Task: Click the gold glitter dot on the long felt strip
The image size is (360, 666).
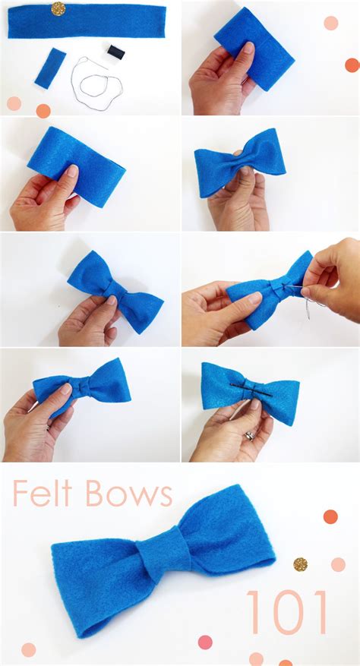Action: pyautogui.click(x=58, y=8)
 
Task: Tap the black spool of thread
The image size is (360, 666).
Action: pyautogui.click(x=115, y=52)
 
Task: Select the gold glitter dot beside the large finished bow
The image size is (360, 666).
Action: pyautogui.click(x=301, y=564)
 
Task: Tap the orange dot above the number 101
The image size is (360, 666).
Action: pyautogui.click(x=330, y=516)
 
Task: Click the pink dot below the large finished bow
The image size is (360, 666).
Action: pyautogui.click(x=205, y=642)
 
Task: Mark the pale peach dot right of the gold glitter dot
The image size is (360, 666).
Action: pyautogui.click(x=337, y=564)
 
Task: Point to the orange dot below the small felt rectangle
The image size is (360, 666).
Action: pyautogui.click(x=43, y=111)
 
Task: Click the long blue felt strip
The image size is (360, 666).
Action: pyautogui.click(x=87, y=21)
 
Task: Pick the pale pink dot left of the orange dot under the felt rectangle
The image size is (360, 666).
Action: pyautogui.click(x=14, y=103)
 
